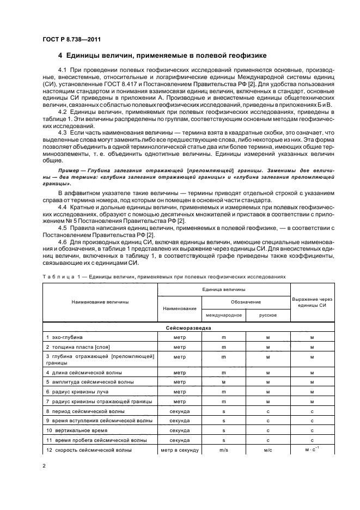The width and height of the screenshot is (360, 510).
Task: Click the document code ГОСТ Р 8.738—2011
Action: (x=71, y=39)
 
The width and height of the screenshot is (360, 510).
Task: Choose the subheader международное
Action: (x=223, y=315)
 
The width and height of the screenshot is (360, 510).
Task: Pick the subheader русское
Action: (x=268, y=315)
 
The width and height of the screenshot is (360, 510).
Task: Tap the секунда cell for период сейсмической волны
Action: (x=179, y=411)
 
